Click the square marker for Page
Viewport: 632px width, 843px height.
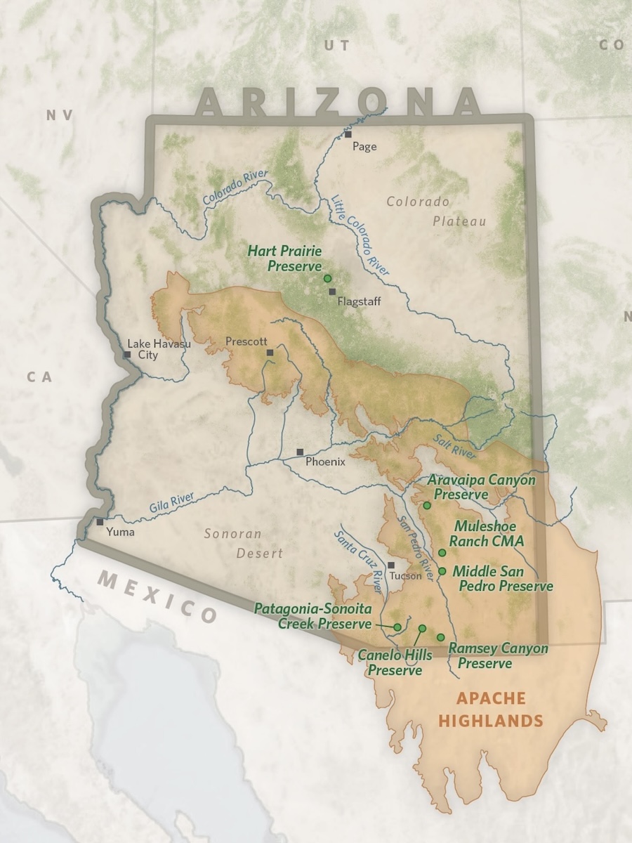(x=348, y=133)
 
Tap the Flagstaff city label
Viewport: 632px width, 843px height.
(x=359, y=301)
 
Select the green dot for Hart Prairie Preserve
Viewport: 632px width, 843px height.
(x=327, y=279)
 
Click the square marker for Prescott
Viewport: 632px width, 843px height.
(x=270, y=353)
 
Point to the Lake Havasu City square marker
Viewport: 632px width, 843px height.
(x=127, y=355)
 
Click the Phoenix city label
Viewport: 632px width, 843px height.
(x=325, y=462)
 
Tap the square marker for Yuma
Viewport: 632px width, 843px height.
(x=100, y=521)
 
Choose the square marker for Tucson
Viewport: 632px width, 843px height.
(x=391, y=565)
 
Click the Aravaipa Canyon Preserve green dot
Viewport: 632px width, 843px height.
(x=426, y=505)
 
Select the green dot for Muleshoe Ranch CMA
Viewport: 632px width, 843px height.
(x=442, y=553)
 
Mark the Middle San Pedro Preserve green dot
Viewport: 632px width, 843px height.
(x=442, y=570)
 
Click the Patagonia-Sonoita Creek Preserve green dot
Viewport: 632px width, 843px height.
(x=397, y=627)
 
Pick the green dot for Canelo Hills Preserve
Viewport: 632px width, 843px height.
(x=422, y=628)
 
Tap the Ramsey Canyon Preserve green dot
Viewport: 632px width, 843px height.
(x=440, y=637)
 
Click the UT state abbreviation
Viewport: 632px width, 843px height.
(x=336, y=46)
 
